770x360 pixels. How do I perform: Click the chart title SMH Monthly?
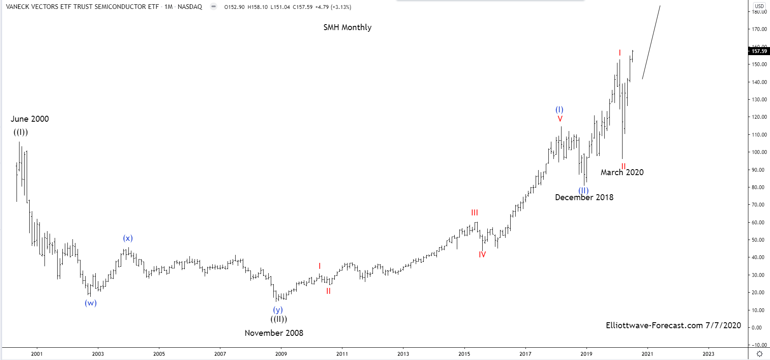point(347,28)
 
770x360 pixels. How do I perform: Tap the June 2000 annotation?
point(30,119)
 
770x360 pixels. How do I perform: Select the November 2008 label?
point(274,333)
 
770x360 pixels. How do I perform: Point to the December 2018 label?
point(584,198)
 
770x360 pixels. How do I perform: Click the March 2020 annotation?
point(622,173)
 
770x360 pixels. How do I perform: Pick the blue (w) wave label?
point(91,303)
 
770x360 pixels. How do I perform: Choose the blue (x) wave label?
point(128,238)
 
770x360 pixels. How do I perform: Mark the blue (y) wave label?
point(278,310)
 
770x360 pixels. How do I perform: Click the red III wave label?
point(474,213)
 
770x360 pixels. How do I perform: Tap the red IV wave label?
point(482,255)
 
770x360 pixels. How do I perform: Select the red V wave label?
point(560,119)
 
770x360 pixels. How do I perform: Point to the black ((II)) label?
point(278,319)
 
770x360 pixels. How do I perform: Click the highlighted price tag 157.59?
point(759,51)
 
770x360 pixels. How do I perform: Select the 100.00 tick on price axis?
point(759,152)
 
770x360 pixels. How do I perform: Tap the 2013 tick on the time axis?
point(403,354)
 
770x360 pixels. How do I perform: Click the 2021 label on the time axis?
point(647,354)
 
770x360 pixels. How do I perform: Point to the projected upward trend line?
point(651,42)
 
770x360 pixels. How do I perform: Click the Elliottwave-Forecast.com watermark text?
point(673,326)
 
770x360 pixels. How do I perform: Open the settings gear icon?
point(759,354)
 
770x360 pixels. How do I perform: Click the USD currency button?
point(759,6)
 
